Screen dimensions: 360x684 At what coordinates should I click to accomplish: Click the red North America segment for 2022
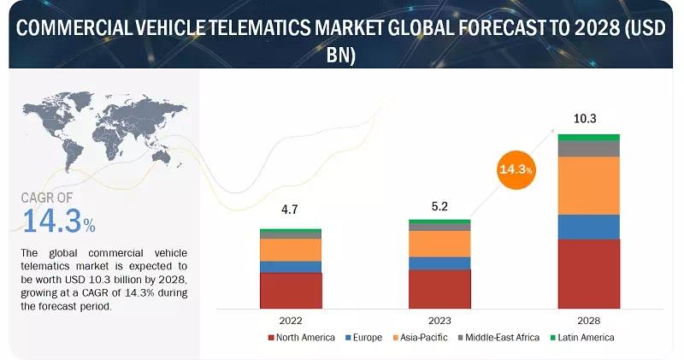click(291, 290)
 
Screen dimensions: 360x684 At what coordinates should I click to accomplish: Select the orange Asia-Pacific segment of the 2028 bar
click(588, 185)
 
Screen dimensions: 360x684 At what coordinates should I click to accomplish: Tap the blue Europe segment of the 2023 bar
click(439, 263)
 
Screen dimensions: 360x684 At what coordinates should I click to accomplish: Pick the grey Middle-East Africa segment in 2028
click(588, 149)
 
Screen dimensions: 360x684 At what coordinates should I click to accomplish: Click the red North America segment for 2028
click(588, 273)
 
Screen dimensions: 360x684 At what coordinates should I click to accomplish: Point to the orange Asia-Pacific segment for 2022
click(291, 249)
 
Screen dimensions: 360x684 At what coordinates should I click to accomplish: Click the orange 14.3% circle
click(515, 169)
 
